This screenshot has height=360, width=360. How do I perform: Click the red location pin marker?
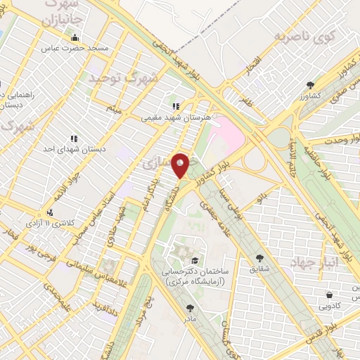point(181,165)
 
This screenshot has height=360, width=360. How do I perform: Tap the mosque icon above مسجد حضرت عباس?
point(75,38)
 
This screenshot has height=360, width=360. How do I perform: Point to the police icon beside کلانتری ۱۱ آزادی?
point(49,212)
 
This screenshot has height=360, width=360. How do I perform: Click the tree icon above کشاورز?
point(309,84)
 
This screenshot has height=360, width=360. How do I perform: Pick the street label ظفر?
point(245,100)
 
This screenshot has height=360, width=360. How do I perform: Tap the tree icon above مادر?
point(190,307)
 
